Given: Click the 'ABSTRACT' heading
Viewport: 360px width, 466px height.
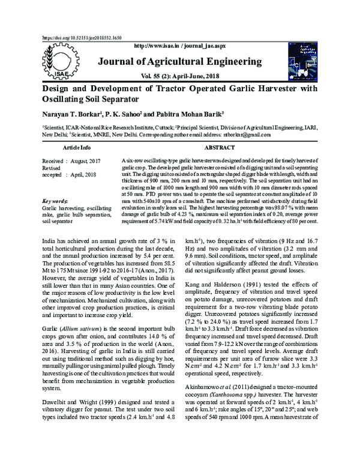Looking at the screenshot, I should tap(220, 147).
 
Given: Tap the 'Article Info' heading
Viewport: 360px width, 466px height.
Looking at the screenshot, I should tap(77, 147).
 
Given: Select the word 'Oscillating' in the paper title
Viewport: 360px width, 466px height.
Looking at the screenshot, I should tap(66, 98).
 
